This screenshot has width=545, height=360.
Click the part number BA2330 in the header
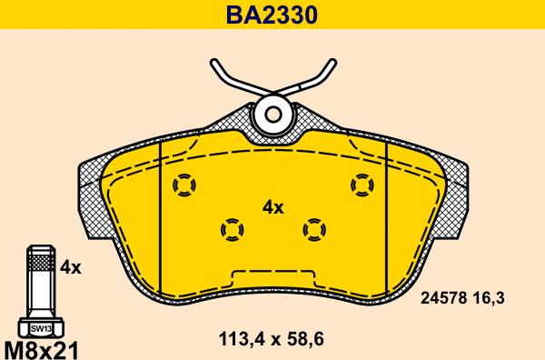272,15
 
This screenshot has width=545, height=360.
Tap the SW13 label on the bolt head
41,328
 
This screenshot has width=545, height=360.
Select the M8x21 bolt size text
40,350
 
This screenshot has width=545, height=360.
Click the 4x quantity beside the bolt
71,267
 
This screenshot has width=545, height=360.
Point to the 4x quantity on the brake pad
273,208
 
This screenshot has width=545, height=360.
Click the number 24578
443,298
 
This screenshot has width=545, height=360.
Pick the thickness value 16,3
489,298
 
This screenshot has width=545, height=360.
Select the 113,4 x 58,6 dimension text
271,338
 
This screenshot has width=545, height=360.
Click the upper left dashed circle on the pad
184,185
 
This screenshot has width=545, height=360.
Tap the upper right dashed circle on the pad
362,185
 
